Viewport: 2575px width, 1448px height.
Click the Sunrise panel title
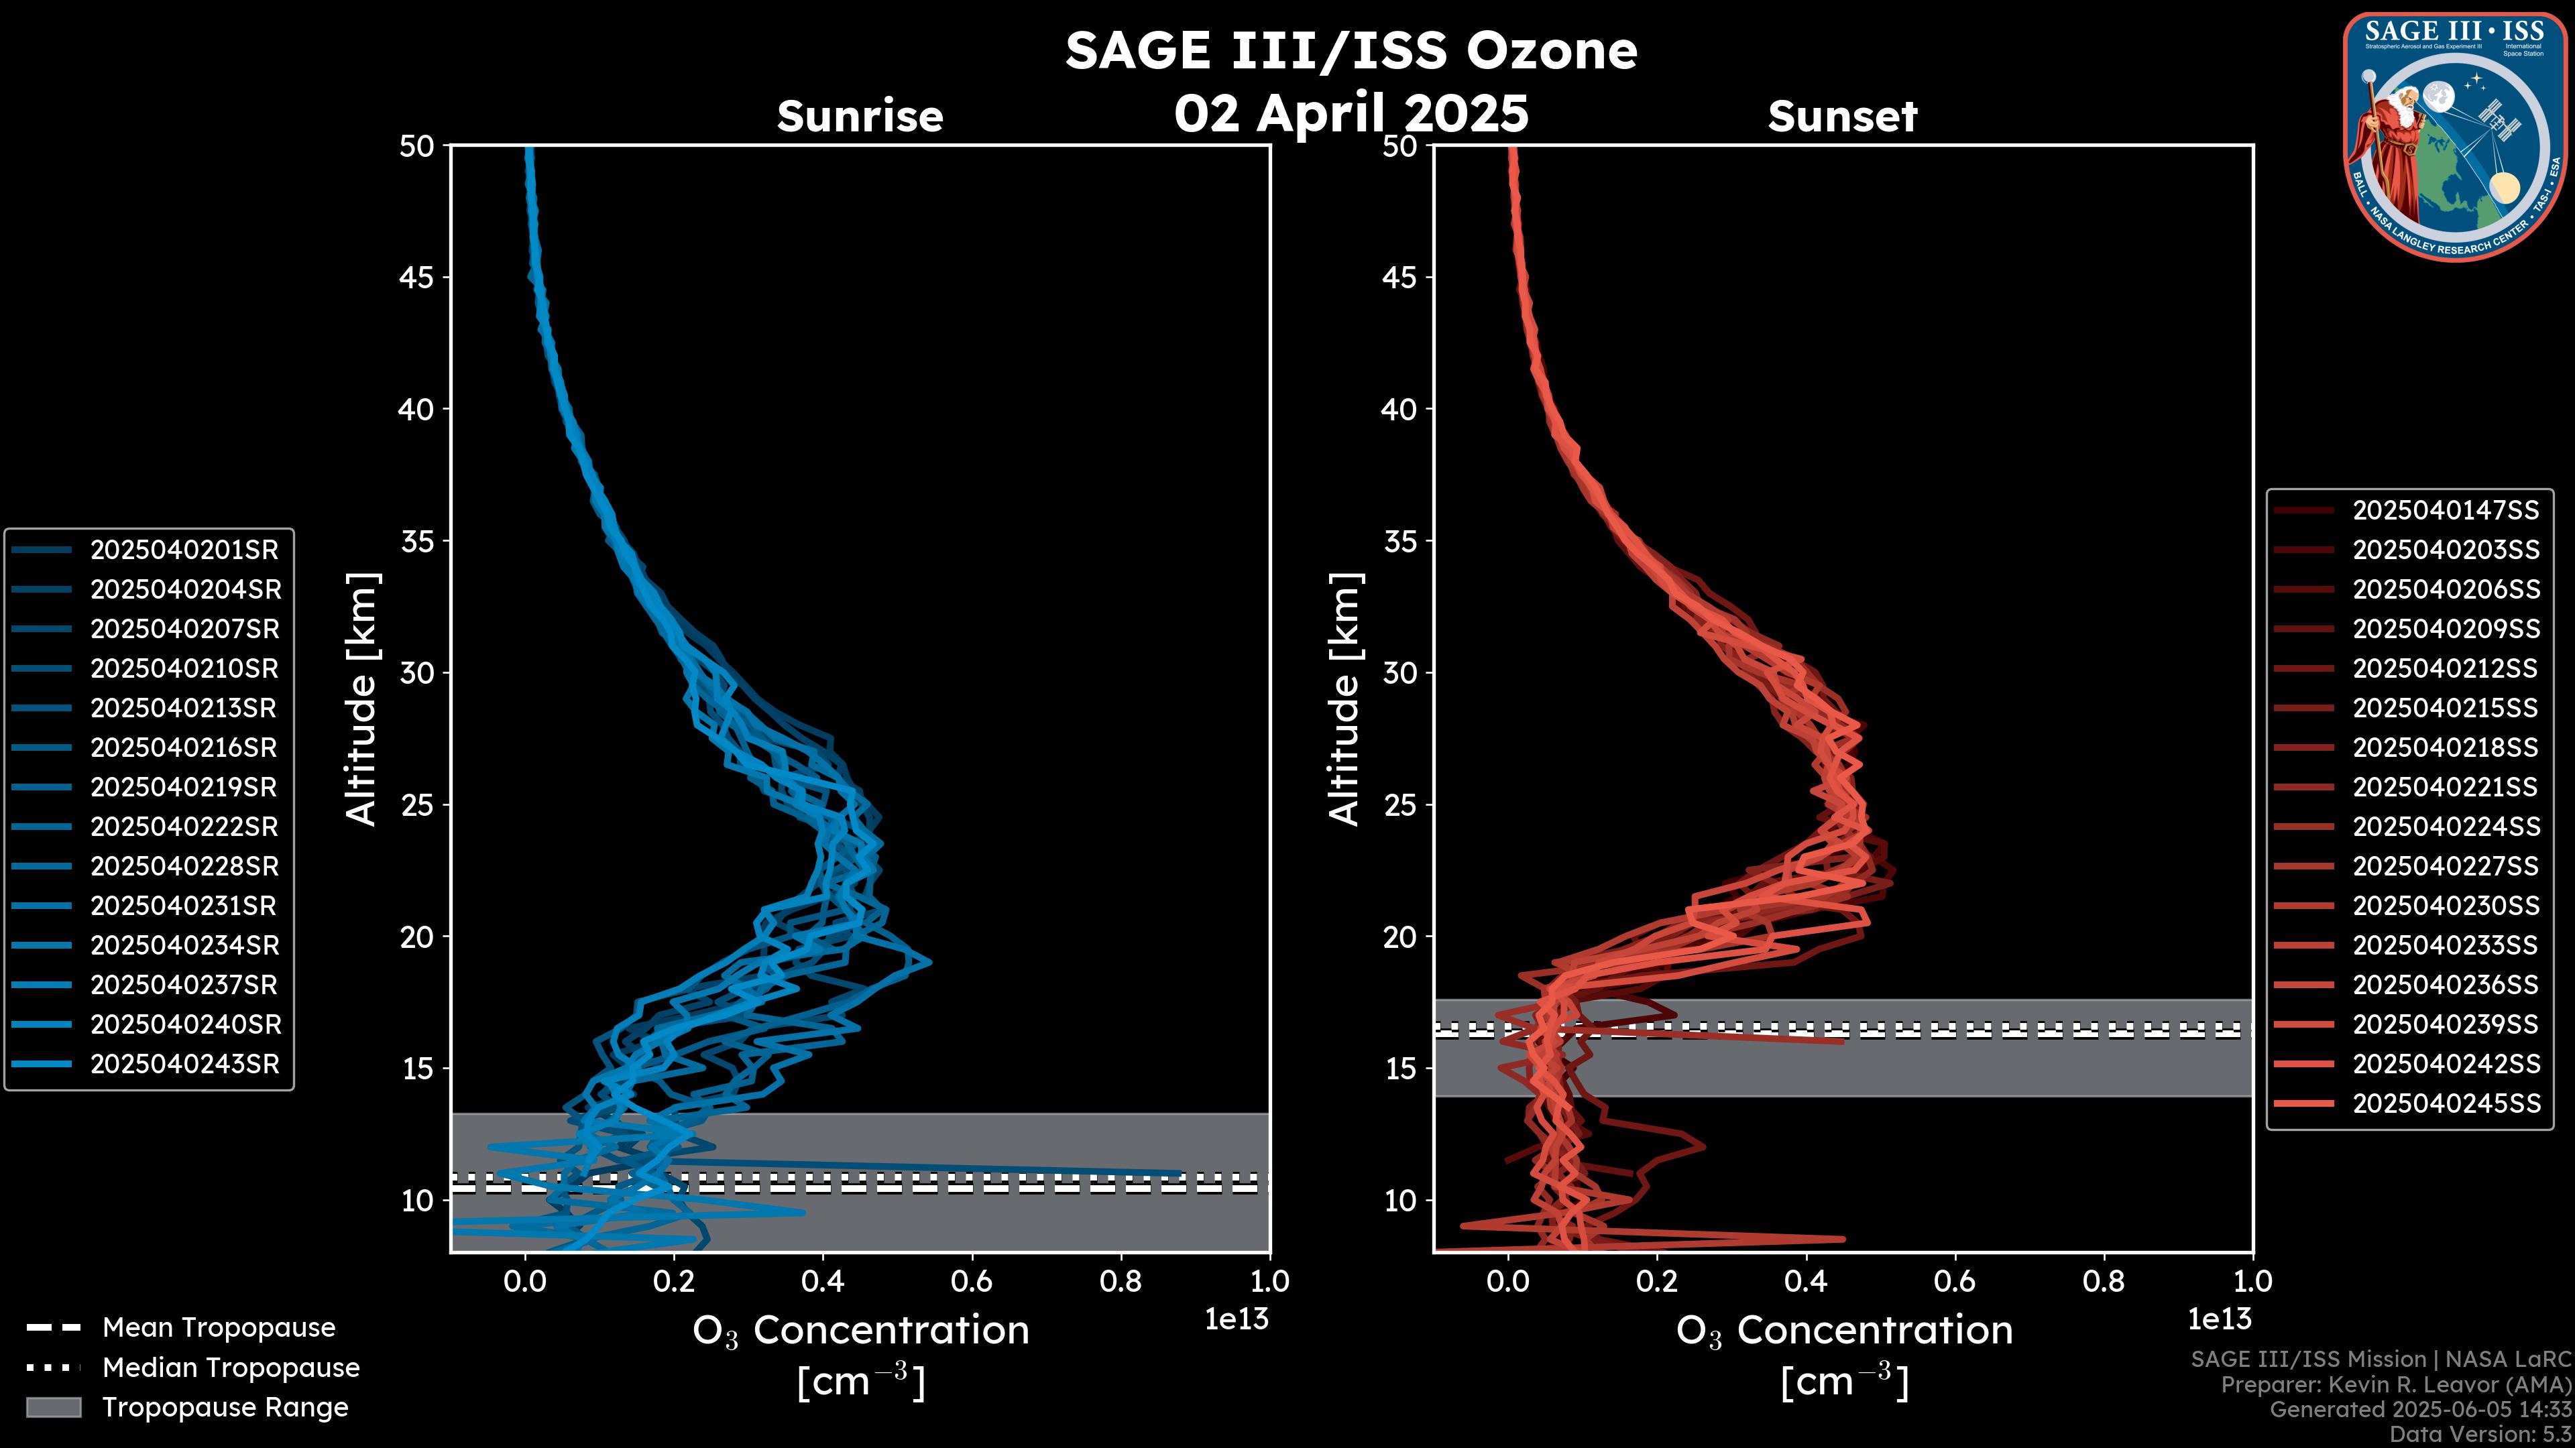pyautogui.click(x=860, y=116)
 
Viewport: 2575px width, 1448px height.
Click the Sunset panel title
pyautogui.click(x=1842, y=116)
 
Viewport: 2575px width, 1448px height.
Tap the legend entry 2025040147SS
pyautogui.click(x=2445, y=511)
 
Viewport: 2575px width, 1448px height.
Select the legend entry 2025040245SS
pyautogui.click(x=2445, y=1103)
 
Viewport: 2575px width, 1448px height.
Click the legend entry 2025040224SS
pyautogui.click(x=2445, y=827)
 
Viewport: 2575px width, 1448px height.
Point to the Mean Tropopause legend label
pyautogui.click(x=219, y=1327)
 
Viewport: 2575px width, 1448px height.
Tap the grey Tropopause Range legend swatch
pyautogui.click(x=53, y=1407)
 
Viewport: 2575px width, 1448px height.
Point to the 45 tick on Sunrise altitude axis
pyautogui.click(x=417, y=278)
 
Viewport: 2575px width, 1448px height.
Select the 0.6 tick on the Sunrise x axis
pyautogui.click(x=972, y=1281)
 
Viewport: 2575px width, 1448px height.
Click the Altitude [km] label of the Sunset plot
pyautogui.click(x=1344, y=699)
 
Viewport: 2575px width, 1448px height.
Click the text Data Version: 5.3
pyautogui.click(x=2480, y=1434)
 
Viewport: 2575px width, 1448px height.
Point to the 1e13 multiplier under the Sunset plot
pyautogui.click(x=2219, y=1319)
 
